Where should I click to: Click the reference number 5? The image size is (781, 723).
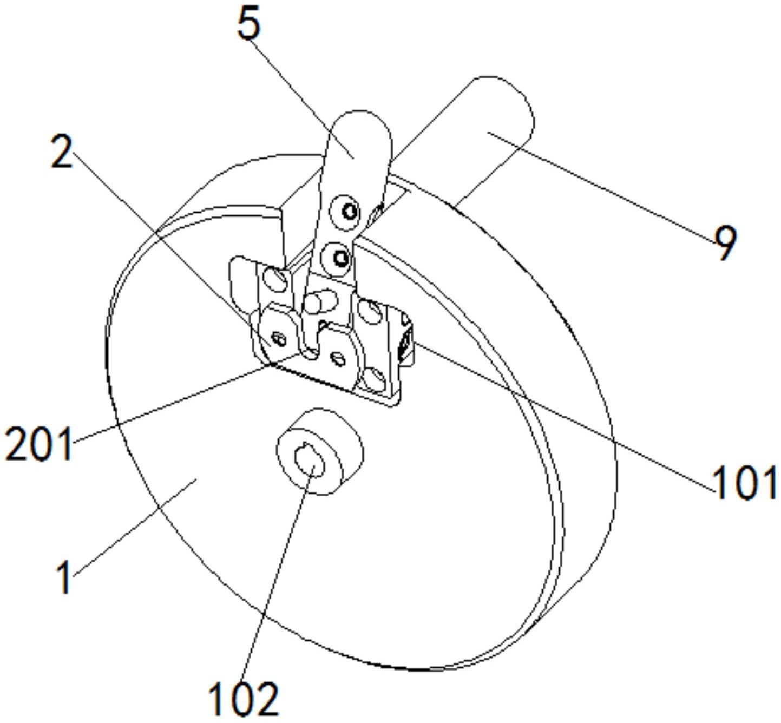[249, 24]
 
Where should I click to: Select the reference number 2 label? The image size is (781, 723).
[62, 151]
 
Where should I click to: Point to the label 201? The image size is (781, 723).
[38, 444]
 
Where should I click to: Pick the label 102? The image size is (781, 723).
[244, 698]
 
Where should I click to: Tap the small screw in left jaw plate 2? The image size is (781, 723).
[279, 339]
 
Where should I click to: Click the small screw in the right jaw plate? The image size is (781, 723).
[338, 357]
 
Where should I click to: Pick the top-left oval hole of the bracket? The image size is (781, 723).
[275, 279]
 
